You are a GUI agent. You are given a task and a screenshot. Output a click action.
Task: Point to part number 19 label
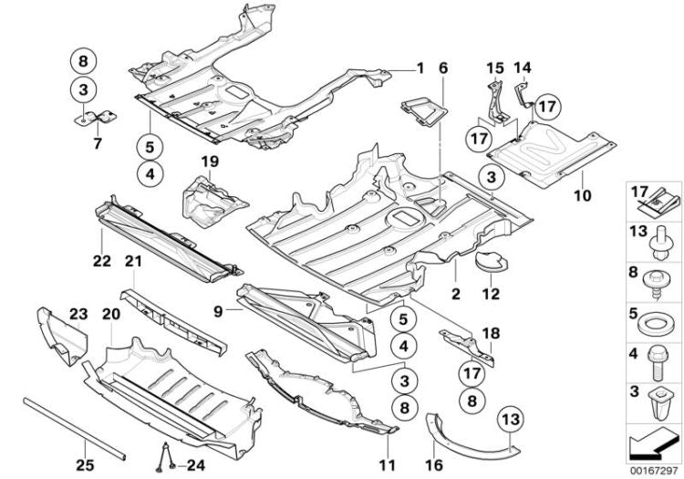click(x=211, y=161)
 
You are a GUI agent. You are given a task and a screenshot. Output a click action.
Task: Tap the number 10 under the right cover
click(x=583, y=193)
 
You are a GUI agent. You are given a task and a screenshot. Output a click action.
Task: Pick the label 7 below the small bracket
click(x=97, y=143)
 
